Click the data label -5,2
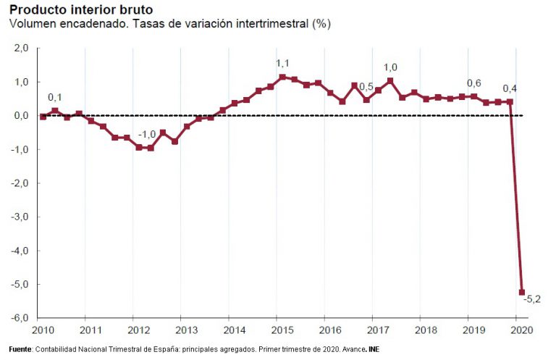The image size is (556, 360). pyautogui.click(x=533, y=298)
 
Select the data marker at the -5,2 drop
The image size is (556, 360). pyautogui.click(x=521, y=292)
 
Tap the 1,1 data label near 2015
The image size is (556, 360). pyautogui.click(x=283, y=64)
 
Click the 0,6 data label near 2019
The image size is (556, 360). pyautogui.click(x=473, y=83)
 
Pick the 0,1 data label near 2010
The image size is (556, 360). pyautogui.click(x=55, y=97)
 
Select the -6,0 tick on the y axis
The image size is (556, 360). pyautogui.click(x=19, y=318)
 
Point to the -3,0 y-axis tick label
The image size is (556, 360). pyautogui.click(x=19, y=217)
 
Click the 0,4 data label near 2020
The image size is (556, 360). pyautogui.click(x=510, y=88)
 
